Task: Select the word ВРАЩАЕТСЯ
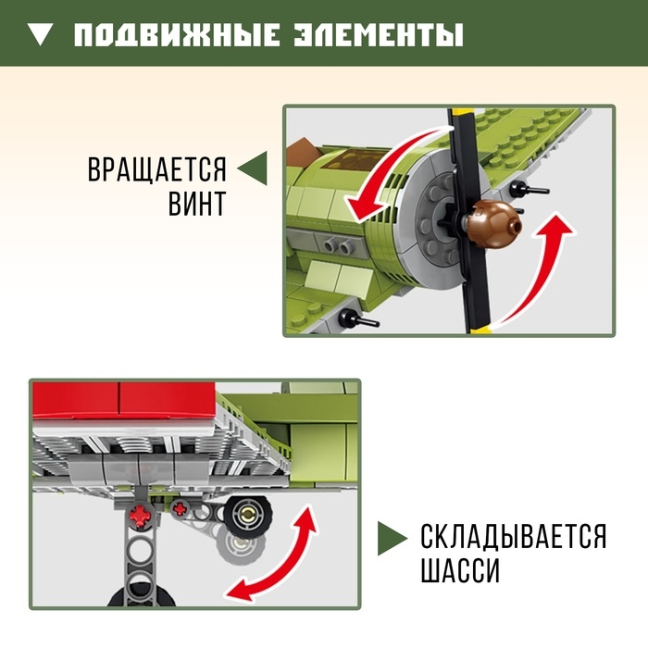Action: [x=157, y=171]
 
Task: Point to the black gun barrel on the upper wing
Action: [x=533, y=190]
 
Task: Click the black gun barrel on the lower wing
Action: [x=356, y=321]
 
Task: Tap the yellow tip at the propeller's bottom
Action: [x=476, y=326]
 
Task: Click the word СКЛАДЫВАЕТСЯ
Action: [x=514, y=537]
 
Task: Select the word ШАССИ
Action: [x=460, y=571]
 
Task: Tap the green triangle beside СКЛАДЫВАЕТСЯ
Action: [x=393, y=538]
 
